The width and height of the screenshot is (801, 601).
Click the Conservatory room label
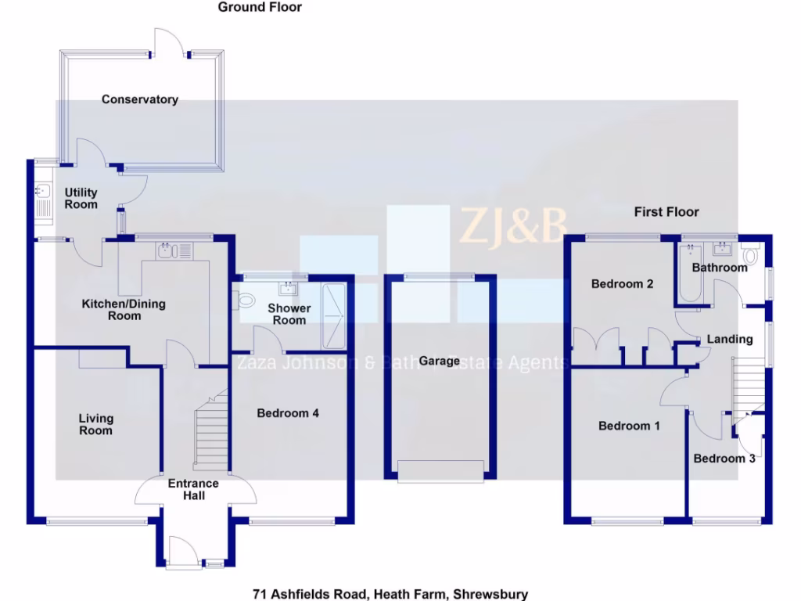(139, 99)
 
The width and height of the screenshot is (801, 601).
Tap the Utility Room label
(81, 198)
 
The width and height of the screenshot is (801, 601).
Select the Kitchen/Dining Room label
(124, 309)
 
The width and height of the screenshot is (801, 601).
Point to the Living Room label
(95, 425)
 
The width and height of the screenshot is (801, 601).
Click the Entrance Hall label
(193, 489)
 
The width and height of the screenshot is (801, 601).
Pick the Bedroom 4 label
(288, 413)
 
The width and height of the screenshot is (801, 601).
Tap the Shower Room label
(289, 314)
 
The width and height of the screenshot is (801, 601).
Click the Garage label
(439, 361)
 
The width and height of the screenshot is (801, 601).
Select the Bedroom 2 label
(622, 284)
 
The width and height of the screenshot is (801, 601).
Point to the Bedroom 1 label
(629, 426)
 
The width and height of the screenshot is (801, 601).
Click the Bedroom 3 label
(724, 459)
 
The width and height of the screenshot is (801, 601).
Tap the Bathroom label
(720, 268)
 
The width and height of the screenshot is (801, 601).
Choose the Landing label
(730, 340)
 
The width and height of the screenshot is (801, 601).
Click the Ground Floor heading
(260, 7)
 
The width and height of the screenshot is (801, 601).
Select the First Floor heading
(666, 211)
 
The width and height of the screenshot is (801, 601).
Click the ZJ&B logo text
(512, 225)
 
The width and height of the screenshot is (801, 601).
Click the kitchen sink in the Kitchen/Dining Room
(165, 251)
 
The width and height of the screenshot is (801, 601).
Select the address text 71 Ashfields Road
(390, 594)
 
